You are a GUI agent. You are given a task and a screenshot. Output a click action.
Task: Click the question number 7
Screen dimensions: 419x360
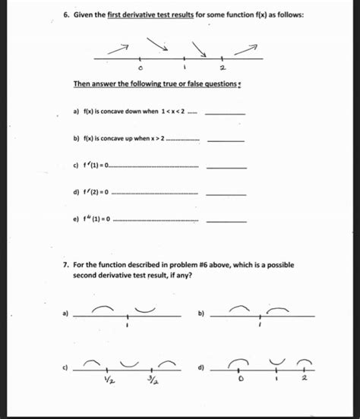(66, 265)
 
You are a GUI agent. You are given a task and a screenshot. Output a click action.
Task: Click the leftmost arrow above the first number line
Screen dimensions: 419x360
(118, 47)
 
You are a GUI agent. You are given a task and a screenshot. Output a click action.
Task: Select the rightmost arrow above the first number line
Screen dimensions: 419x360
(245, 50)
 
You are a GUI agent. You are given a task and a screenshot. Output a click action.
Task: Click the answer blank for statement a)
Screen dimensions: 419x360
(226, 113)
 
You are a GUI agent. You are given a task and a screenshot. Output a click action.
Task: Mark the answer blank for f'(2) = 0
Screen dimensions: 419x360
(226, 194)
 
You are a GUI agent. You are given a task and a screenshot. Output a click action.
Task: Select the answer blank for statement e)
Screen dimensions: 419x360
(226, 221)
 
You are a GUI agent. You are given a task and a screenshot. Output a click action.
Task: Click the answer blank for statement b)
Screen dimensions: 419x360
(226, 140)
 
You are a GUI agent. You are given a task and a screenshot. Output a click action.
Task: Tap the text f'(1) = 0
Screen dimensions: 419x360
(93, 167)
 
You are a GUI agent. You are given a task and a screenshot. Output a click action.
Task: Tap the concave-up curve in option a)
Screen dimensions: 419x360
(145, 310)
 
